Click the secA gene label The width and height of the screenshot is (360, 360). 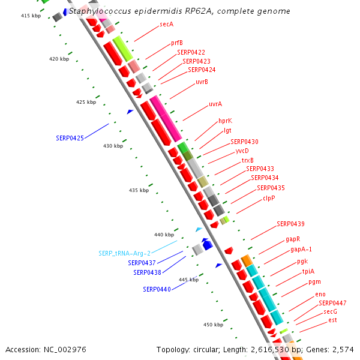(166, 24)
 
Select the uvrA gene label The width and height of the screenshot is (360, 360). (215, 104)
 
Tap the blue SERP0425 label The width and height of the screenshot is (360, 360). (70, 137)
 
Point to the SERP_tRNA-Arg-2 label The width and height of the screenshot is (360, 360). (125, 253)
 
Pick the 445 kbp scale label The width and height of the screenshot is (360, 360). (188, 280)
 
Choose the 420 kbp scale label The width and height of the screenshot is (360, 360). (59, 59)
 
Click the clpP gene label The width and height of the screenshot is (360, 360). (269, 197)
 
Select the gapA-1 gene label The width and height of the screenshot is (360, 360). (301, 249)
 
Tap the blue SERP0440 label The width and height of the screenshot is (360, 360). (157, 289)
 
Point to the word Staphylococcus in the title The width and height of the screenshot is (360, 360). (98, 11)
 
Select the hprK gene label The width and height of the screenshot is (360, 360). (225, 121)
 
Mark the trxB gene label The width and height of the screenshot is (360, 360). (247, 160)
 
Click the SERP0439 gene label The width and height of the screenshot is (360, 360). (290, 224)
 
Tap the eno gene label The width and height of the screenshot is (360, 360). (320, 294)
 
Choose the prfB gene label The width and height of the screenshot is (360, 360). (177, 43)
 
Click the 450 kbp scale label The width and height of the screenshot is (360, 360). (213, 325)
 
